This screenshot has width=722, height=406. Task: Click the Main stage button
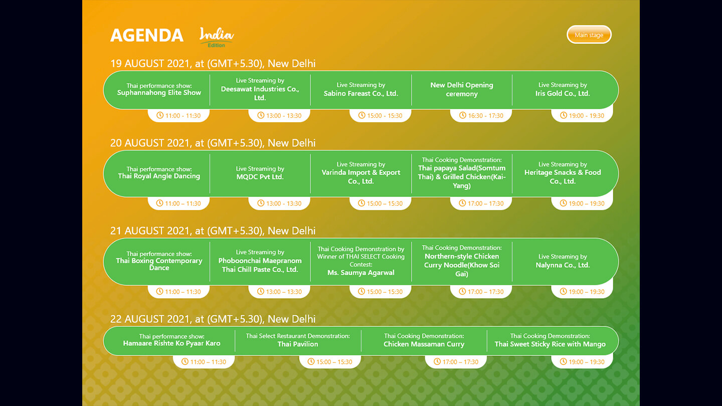589,35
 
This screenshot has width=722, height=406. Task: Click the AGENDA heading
147,36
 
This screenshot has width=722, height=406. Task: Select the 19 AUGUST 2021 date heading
213,64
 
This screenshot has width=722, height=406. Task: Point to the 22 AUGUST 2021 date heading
213,319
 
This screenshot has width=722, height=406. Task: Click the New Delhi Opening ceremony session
462,90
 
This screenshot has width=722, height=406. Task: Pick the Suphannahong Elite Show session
159,89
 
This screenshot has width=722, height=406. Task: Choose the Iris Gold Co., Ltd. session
563,89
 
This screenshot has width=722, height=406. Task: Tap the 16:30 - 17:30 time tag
481,115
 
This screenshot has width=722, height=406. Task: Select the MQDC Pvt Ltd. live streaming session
260,173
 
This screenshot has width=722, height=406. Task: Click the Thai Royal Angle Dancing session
159,173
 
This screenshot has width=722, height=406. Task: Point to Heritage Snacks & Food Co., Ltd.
563,177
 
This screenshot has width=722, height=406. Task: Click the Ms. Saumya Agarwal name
360,273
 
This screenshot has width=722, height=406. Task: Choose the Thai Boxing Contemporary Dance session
159,261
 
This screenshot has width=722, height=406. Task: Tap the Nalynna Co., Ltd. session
563,261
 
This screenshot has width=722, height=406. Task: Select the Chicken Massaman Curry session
424,340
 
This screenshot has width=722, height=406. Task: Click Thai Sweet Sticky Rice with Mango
550,344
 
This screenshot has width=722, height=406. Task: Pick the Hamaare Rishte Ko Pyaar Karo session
171,340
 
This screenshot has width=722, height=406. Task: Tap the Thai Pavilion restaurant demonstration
298,340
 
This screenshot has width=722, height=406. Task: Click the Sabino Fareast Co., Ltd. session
360,89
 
